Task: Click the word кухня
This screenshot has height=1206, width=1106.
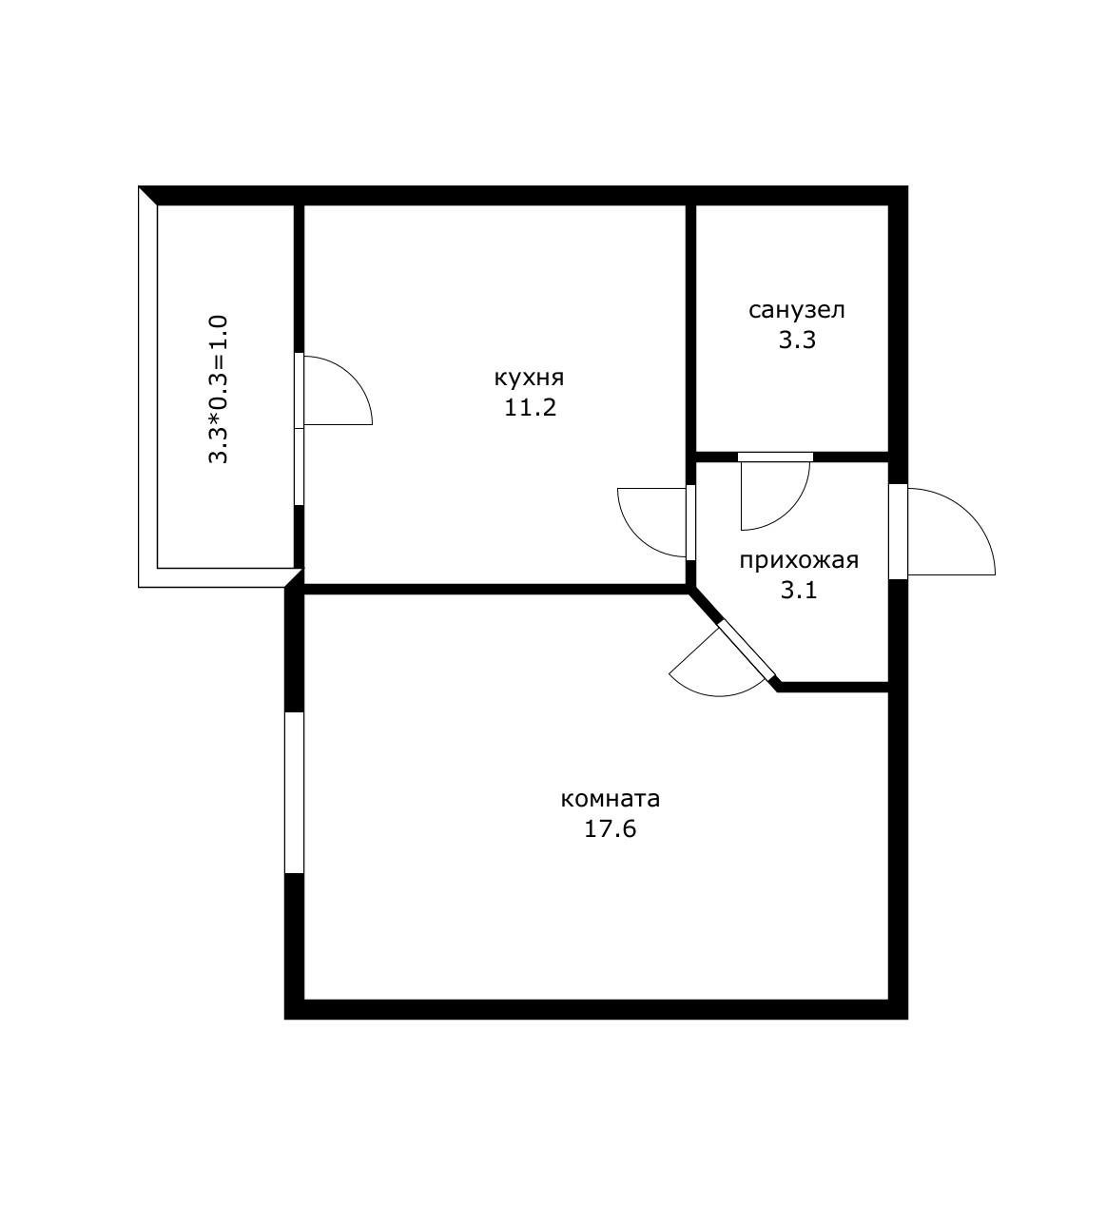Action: coord(529,379)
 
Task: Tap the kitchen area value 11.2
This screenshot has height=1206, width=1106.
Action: coord(530,408)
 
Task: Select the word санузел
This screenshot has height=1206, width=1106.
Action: coord(796,310)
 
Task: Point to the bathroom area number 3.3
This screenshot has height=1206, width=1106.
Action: coord(797,340)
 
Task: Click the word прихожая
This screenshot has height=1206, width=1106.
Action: coord(799,560)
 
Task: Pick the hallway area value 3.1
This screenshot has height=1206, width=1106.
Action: coord(799,591)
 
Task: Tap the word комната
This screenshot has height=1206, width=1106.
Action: coord(610,799)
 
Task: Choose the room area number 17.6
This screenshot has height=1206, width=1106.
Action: coord(610,829)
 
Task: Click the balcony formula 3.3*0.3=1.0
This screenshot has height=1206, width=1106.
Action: coord(219,389)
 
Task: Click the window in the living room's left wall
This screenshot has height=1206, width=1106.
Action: coord(294,791)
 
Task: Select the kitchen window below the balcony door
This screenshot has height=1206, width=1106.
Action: coord(299,467)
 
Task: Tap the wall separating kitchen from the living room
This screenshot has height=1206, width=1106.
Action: coord(495,589)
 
